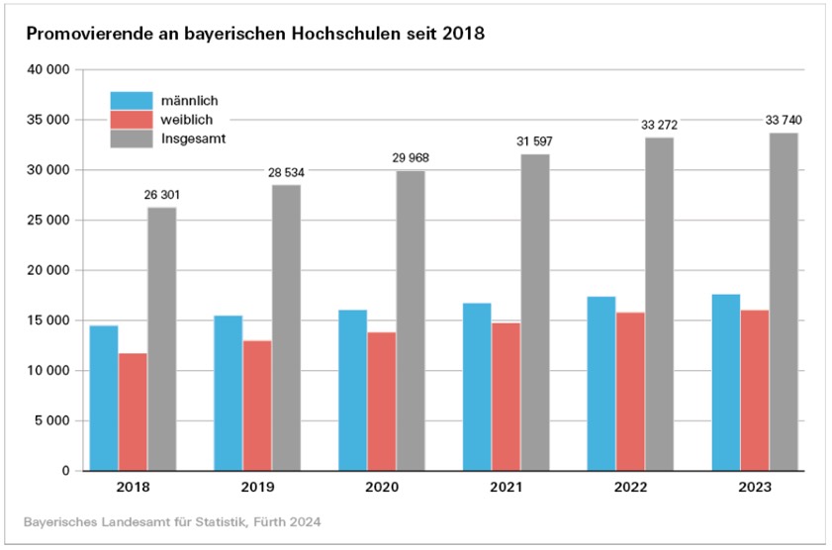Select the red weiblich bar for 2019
point(257,406)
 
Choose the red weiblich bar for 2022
point(630,391)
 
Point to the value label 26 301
point(162,196)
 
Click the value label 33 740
point(784,121)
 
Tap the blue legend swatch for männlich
point(132,101)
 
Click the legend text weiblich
point(187,120)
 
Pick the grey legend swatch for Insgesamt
point(132,138)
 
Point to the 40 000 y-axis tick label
point(48,70)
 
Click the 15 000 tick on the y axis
point(48,321)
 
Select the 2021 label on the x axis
point(507,488)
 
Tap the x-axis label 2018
point(133,488)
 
